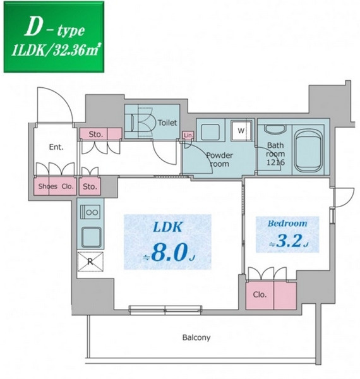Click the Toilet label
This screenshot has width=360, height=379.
point(167,123)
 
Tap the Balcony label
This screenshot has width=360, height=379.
point(196,337)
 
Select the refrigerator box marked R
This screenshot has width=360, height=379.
point(90,262)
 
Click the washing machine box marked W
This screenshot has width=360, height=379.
point(241,131)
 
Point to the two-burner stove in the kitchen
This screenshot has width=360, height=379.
point(90,212)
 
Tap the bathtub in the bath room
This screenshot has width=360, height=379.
point(309,150)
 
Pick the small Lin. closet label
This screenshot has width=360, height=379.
point(188,135)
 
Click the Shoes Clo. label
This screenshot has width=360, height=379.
point(56,186)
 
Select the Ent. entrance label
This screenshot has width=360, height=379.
point(56,147)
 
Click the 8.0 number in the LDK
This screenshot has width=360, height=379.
point(170,252)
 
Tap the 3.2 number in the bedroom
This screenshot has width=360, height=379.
point(289,241)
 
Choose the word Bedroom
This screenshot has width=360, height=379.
point(287,224)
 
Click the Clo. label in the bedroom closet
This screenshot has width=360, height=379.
point(260,294)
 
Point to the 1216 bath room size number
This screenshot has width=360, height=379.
point(275,162)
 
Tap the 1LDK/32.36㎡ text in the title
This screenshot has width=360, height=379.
point(56,51)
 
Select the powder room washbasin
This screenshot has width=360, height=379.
point(210,132)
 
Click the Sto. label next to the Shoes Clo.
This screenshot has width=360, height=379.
point(90,186)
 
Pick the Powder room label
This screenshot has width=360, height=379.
point(219,160)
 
